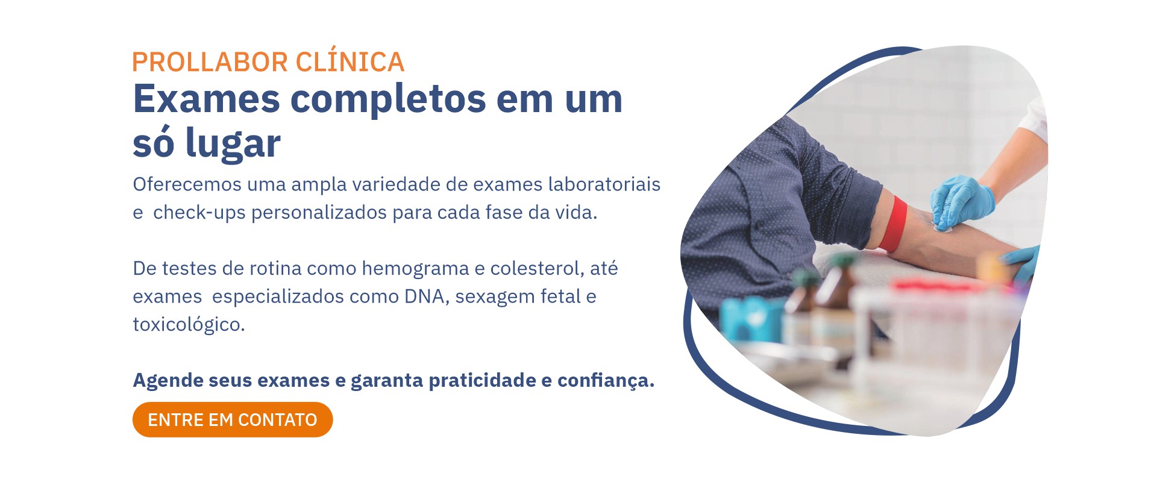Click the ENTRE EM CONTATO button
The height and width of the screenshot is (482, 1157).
pyautogui.click(x=233, y=419)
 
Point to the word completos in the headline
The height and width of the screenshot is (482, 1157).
pyautogui.click(x=388, y=100)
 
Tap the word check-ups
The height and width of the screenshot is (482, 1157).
pyautogui.click(x=199, y=213)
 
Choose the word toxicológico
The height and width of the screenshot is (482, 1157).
pyautogui.click(x=189, y=325)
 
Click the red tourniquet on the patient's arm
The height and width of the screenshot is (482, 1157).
pyautogui.click(x=893, y=224)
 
